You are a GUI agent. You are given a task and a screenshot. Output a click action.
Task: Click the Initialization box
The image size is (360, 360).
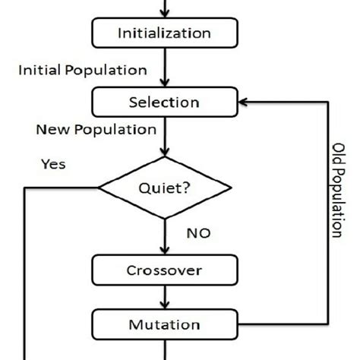coord(164,33)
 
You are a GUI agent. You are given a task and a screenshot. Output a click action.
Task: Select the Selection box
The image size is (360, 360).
coord(164,102)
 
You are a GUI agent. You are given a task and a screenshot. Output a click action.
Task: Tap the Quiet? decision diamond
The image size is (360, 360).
coord(164,188)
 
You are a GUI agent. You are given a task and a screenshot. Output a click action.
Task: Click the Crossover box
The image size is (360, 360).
coord(164,270)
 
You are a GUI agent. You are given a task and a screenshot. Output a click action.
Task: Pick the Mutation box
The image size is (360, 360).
coord(164,325)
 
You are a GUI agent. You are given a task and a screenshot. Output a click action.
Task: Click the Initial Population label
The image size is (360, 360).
coord(82,70)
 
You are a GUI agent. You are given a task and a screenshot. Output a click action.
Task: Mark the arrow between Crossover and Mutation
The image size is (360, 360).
coord(164,298)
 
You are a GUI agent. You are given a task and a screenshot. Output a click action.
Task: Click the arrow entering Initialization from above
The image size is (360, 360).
coord(164,8)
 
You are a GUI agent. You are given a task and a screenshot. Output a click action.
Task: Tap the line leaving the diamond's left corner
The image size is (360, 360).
coord(61,188)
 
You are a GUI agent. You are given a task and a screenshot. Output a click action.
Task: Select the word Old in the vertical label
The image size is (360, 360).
coord(339,151)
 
